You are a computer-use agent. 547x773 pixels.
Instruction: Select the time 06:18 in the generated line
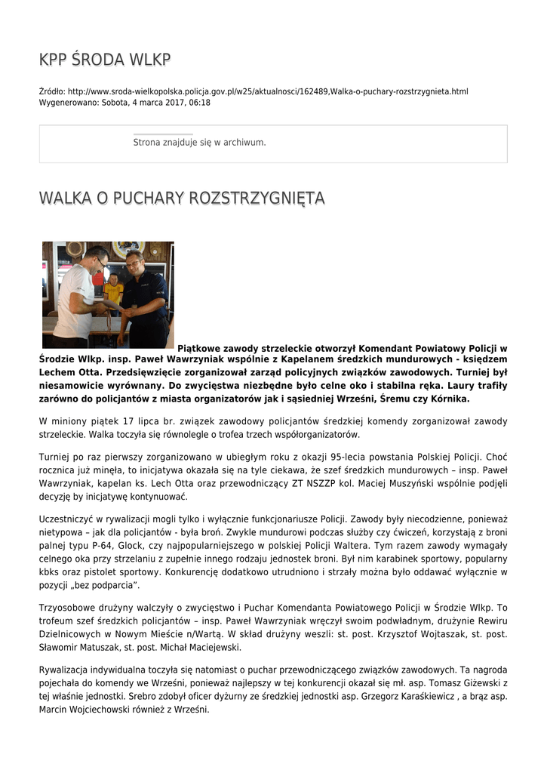[x=200, y=103]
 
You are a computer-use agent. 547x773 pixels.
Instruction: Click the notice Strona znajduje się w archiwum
[x=199, y=142]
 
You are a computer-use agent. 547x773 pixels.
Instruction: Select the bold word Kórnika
[x=448, y=399]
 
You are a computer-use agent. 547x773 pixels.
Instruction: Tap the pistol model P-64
[x=107, y=545]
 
